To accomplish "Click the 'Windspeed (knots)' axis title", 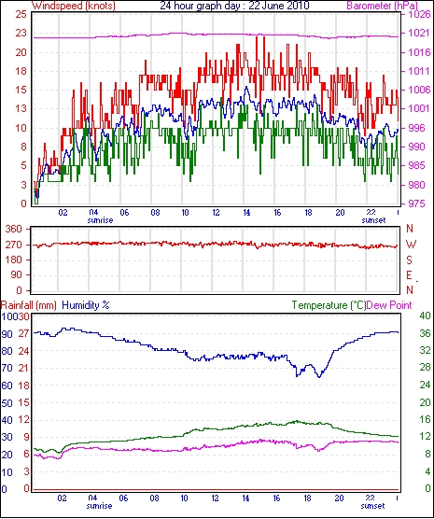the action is point(73,6).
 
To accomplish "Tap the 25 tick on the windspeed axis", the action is point(21,14).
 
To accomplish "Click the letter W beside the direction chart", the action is point(411,245).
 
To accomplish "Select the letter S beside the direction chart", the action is point(410,260).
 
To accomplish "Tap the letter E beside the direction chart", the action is point(410,275).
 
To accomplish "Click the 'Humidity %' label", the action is point(86,305).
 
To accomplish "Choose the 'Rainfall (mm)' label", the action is point(29,305).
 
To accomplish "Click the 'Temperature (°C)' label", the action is point(329,305).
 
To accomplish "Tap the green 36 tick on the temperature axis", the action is point(425,333).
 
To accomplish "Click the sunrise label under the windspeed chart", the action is point(100,220).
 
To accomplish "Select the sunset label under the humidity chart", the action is point(373,506).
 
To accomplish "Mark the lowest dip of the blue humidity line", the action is point(319,377).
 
